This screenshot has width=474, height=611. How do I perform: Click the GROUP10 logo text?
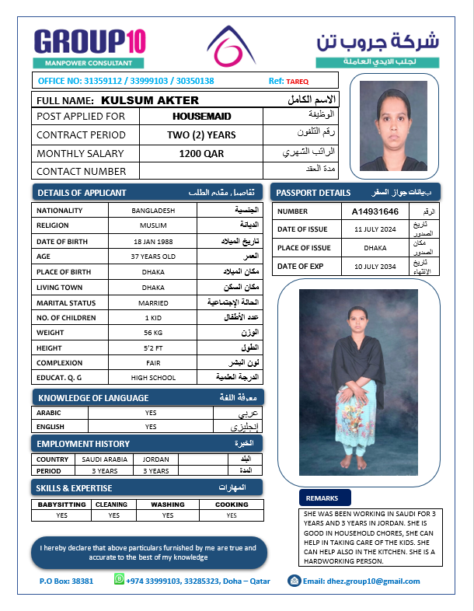(x=89, y=40)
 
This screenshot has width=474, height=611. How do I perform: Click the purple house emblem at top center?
(x=231, y=46)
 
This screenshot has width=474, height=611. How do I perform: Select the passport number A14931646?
(x=375, y=211)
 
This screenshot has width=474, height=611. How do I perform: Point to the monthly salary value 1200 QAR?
(x=201, y=154)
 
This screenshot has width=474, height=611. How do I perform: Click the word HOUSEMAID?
(x=201, y=117)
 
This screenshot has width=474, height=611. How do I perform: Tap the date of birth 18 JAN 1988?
(x=153, y=241)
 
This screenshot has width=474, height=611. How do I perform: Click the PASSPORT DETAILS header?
(x=313, y=192)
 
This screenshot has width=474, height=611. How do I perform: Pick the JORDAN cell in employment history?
(x=156, y=459)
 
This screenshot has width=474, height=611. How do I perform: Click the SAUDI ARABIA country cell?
(x=105, y=459)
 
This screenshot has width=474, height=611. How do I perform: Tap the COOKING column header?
(x=232, y=504)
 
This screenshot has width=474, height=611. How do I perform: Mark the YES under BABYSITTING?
(x=62, y=515)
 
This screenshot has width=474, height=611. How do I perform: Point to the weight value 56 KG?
(x=153, y=333)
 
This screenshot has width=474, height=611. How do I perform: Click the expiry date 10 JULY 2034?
(x=375, y=267)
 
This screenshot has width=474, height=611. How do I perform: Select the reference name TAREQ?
(x=298, y=81)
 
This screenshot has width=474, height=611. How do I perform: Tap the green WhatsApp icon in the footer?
(x=119, y=579)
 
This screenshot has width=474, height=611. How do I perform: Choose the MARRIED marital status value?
(x=153, y=302)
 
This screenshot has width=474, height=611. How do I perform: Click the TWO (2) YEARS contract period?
(x=201, y=135)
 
